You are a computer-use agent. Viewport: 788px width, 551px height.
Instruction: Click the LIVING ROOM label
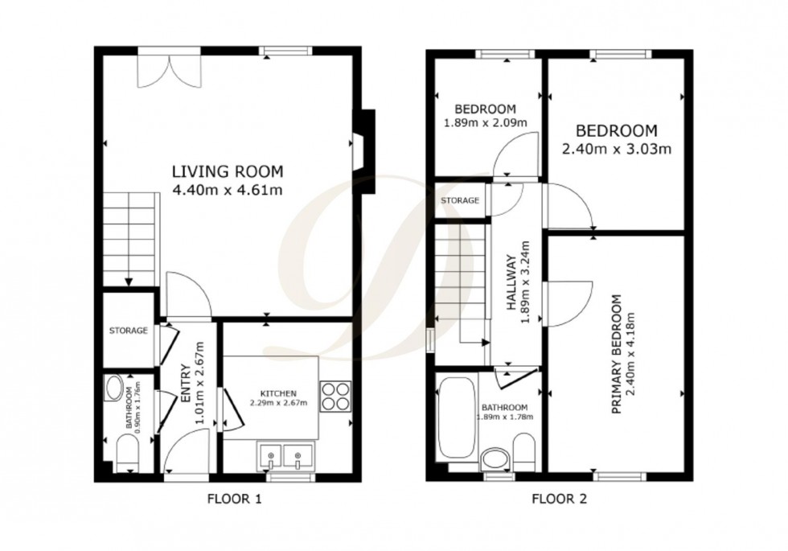point(228,171)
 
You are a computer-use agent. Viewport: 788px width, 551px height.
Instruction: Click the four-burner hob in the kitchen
point(335,396)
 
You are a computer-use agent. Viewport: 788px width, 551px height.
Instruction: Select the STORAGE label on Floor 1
point(129,331)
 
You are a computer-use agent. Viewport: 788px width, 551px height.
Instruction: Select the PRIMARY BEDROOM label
point(617,355)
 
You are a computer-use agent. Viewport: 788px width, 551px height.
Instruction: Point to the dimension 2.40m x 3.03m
point(616,148)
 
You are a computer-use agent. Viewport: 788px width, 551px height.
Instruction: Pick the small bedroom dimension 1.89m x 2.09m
point(485,123)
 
